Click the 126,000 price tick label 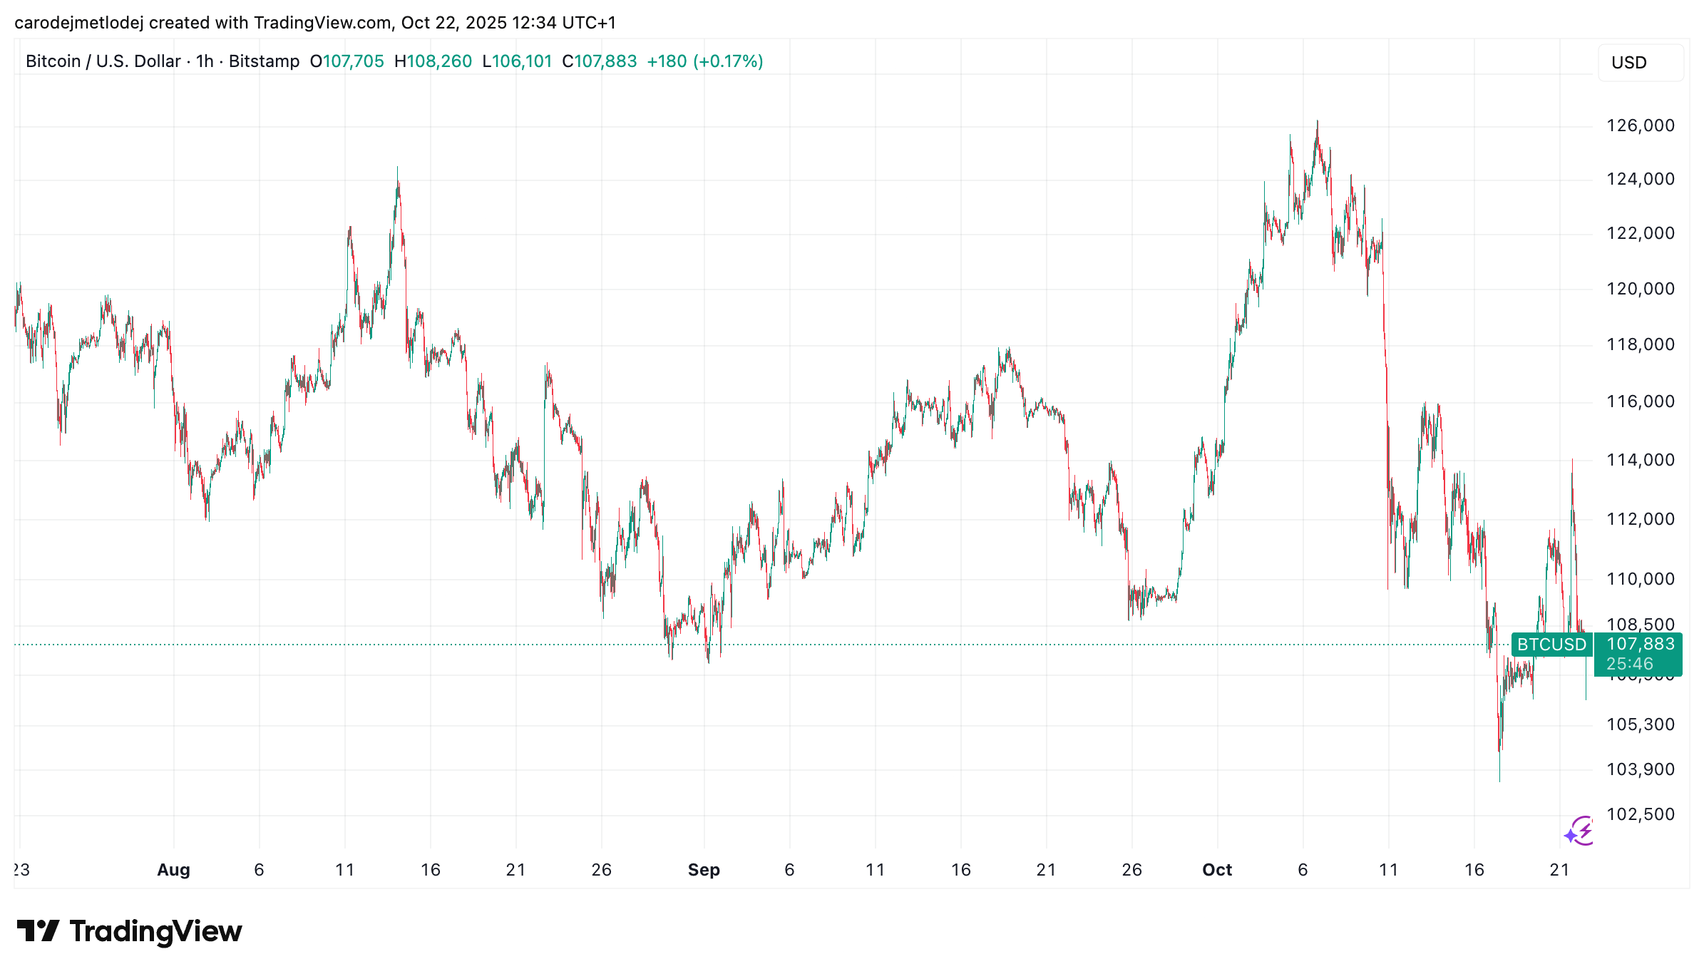[1640, 125]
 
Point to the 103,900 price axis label [1640, 769]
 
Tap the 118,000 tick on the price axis [1640, 344]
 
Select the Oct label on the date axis [1216, 870]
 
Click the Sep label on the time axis [704, 870]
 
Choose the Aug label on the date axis [173, 870]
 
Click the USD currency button [1640, 63]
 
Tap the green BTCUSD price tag [1551, 645]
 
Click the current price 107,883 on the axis [1640, 644]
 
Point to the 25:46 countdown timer [1630, 664]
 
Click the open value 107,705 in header [354, 61]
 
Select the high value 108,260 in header [439, 61]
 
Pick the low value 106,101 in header [523, 61]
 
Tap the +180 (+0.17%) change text [704, 61]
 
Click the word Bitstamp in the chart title [264, 61]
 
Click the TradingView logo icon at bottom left [39, 931]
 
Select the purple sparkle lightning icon [1580, 831]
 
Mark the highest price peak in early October [1317, 122]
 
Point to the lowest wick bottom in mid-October [1499, 780]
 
